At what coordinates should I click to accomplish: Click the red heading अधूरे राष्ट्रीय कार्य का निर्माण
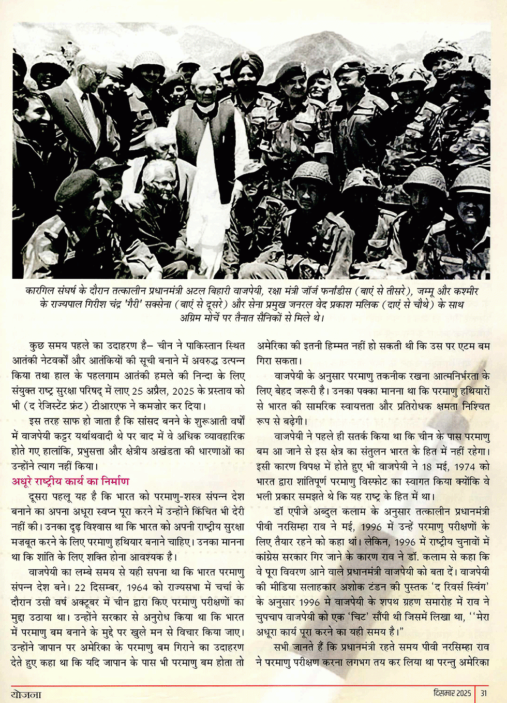pyautogui.click(x=70, y=481)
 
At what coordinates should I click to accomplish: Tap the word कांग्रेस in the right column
pyautogui.click(x=273, y=557)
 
